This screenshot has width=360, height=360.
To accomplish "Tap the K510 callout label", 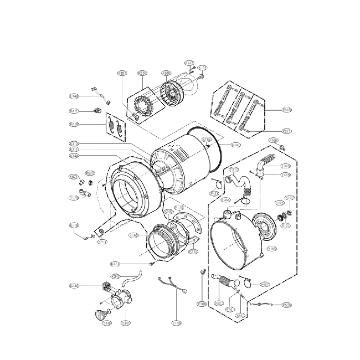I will pyautogui.click(x=287, y=110).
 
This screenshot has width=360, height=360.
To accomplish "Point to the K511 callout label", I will pyautogui.click(x=287, y=131).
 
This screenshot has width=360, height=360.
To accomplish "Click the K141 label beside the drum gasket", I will pyautogui.click(x=236, y=145).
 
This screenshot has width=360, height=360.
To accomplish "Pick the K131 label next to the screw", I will pyautogui.click(x=116, y=263).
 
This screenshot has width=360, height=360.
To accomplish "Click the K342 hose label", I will pyautogui.click(x=116, y=276).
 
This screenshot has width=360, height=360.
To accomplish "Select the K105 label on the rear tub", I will pyautogui.click(x=272, y=249).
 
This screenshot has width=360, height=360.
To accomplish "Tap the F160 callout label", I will pyautogui.click(x=202, y=304).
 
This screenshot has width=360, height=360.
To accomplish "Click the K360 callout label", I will pyautogui.click(x=166, y=73).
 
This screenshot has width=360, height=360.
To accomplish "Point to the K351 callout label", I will pyautogui.click(x=122, y=73).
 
